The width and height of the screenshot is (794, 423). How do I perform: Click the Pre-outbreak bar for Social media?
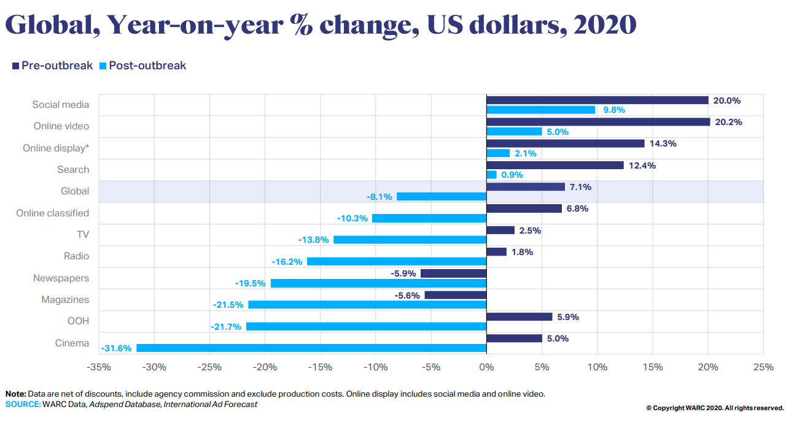(597, 100)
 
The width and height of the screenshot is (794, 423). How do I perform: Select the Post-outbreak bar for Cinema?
(311, 348)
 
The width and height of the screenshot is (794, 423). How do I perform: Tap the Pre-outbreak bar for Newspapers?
(453, 273)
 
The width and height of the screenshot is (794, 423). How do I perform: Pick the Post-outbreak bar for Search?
(491, 175)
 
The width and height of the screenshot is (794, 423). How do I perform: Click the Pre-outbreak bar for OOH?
(519, 317)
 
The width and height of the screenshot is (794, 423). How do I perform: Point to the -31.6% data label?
(117, 348)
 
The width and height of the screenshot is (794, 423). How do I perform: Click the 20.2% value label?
(728, 122)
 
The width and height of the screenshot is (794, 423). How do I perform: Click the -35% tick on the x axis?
(99, 367)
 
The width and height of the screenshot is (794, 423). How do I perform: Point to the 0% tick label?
(486, 367)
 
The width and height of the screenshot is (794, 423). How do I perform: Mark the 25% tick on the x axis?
(763, 367)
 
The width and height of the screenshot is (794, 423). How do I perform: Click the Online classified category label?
(52, 213)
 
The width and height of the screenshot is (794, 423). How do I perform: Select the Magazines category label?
(65, 300)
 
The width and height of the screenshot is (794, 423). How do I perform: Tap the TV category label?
(82, 235)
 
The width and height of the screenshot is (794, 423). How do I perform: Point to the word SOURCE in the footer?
(22, 404)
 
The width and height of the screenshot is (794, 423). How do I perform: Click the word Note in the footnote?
(15, 394)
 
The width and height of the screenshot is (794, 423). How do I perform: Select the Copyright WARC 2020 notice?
(715, 408)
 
